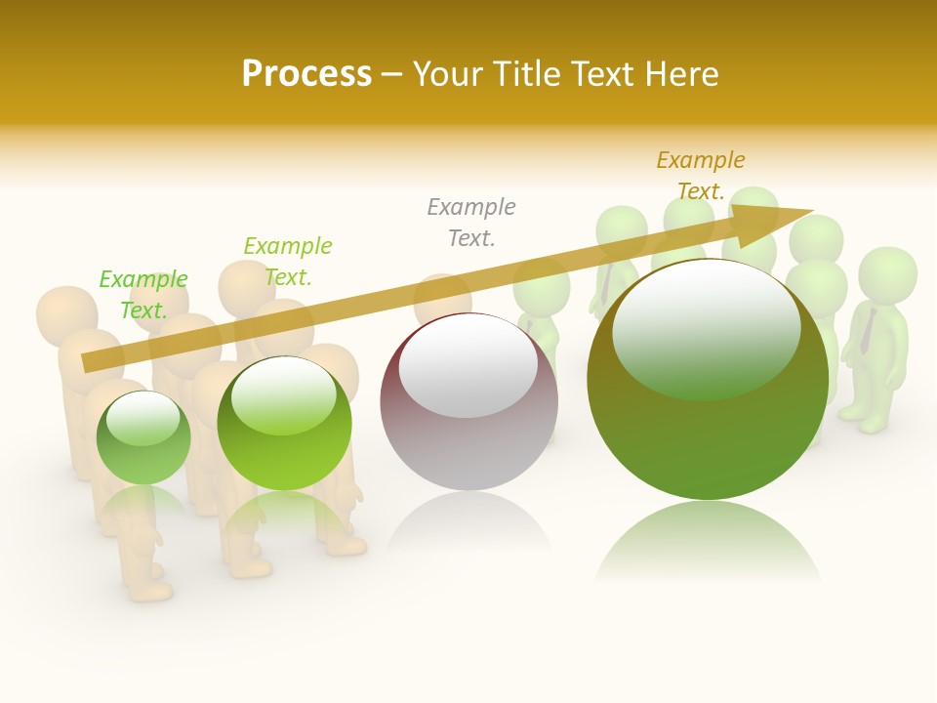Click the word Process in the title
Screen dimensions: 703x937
pyautogui.click(x=306, y=73)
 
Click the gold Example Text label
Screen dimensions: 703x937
pyautogui.click(x=700, y=176)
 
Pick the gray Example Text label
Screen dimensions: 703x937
pyautogui.click(x=471, y=223)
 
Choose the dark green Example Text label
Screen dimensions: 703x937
pyautogui.click(x=288, y=262)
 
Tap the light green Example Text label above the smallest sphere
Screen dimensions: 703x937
pyautogui.click(x=143, y=295)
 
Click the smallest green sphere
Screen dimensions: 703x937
pyautogui.click(x=143, y=437)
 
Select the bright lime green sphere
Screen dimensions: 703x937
pyautogui.click(x=284, y=424)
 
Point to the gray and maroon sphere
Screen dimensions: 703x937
pyautogui.click(x=468, y=402)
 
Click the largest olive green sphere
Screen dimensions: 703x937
pyautogui.click(x=708, y=381)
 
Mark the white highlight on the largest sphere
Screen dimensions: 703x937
pyautogui.click(x=706, y=327)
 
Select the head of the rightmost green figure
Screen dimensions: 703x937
pyautogui.click(x=887, y=272)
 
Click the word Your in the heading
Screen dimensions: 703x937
pyautogui.click(x=445, y=73)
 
